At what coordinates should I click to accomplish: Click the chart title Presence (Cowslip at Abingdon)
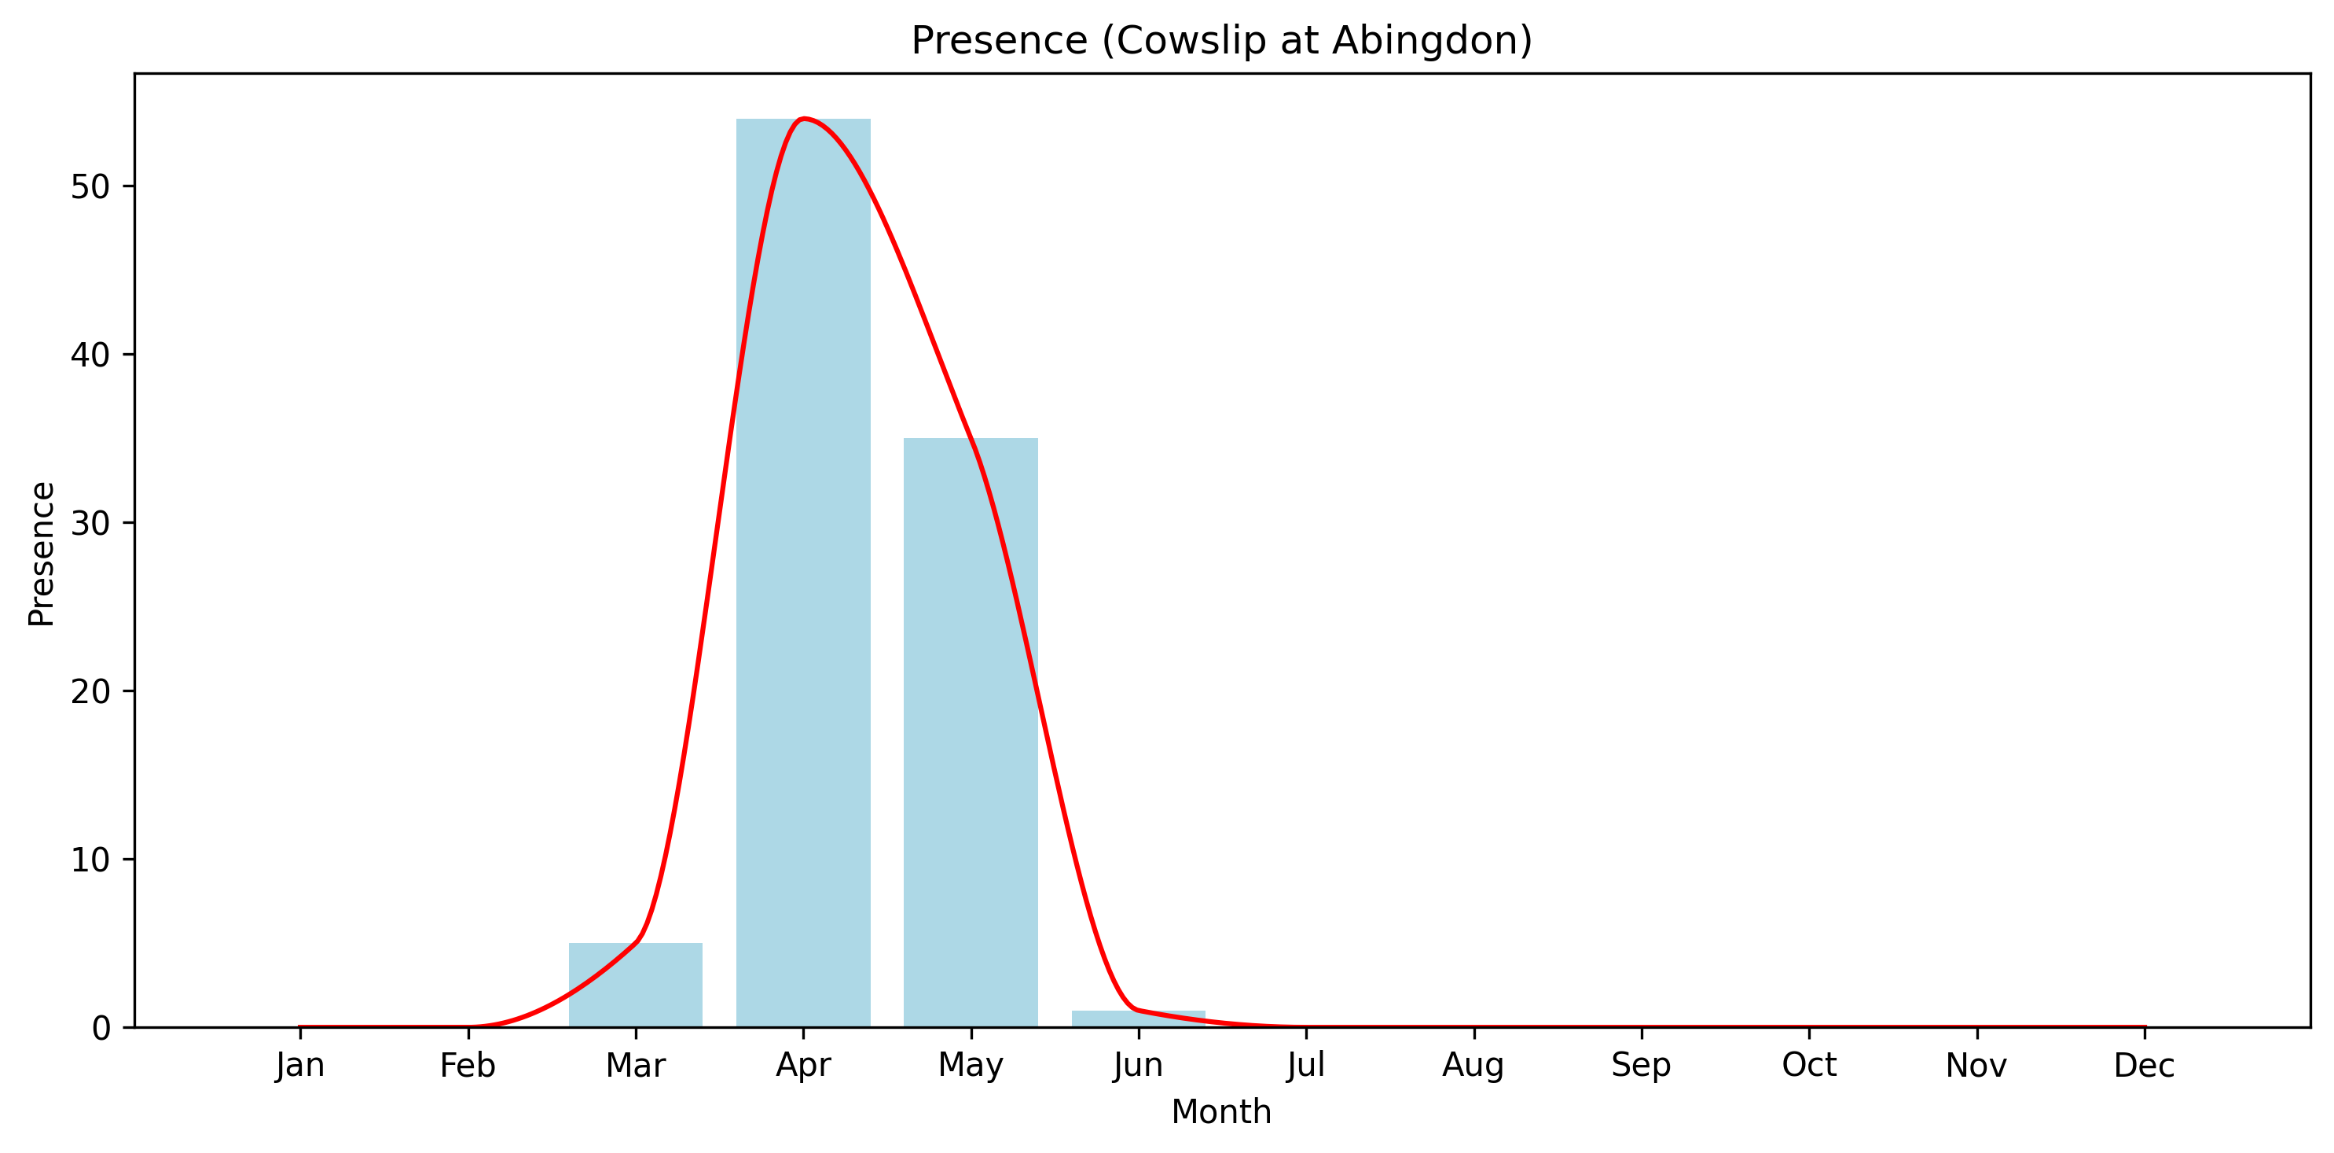(x=1221, y=41)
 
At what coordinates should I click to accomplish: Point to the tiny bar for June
(x=1138, y=1018)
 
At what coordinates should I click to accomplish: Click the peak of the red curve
(x=804, y=119)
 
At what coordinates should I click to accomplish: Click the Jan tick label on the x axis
(x=300, y=1065)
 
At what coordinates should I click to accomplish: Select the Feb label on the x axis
(x=468, y=1065)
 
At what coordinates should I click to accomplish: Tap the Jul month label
(x=1305, y=1065)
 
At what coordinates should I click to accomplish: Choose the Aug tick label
(x=1473, y=1065)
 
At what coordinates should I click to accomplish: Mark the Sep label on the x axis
(x=1641, y=1065)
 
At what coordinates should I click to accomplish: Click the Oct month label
(x=1808, y=1065)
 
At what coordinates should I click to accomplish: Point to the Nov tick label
(x=1976, y=1065)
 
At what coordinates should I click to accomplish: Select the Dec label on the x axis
(x=2144, y=1065)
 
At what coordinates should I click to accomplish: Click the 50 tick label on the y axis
(x=90, y=186)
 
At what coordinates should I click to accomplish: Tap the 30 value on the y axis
(x=90, y=523)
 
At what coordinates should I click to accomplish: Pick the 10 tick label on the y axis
(x=90, y=860)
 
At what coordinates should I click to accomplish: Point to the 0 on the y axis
(x=101, y=1028)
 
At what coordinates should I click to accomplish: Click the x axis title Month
(x=1221, y=1112)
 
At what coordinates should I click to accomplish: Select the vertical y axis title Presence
(x=42, y=554)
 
